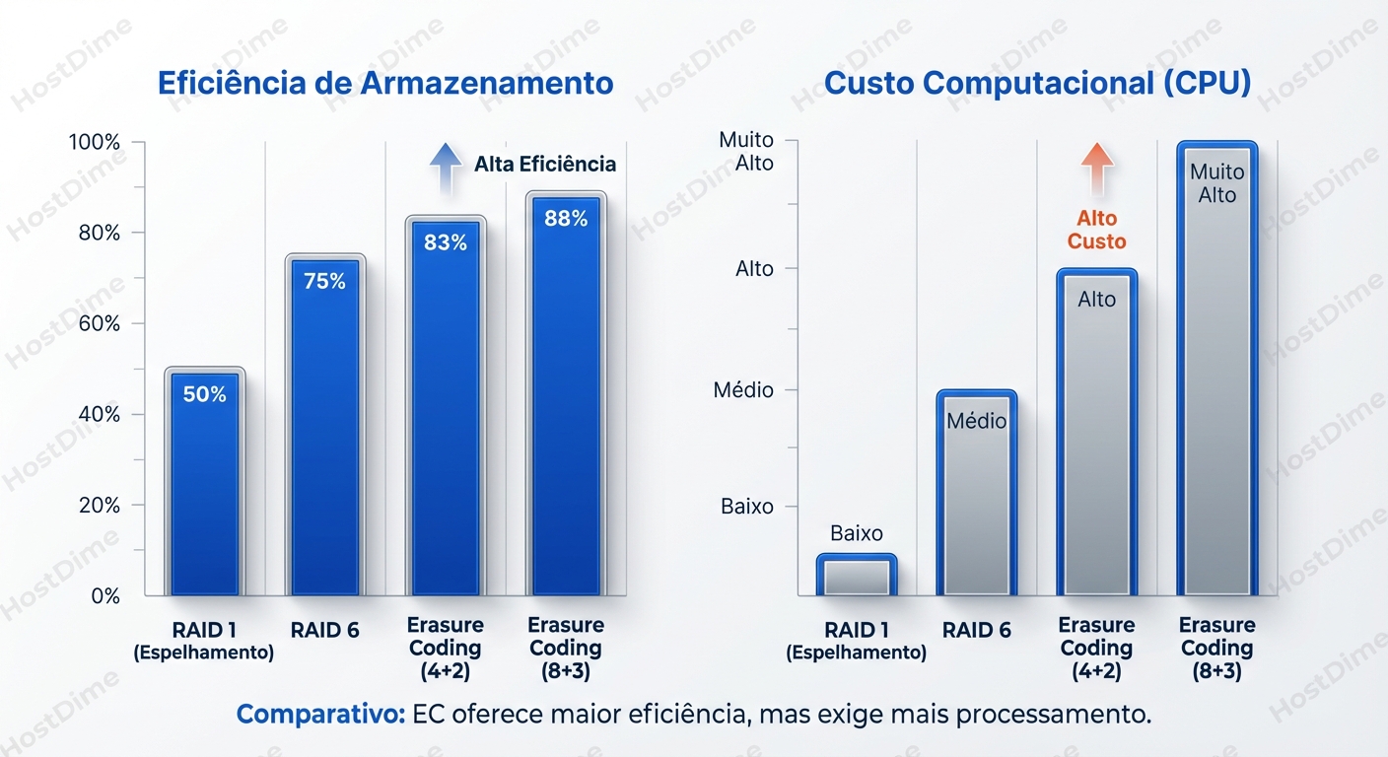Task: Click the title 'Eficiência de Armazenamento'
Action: coord(385,83)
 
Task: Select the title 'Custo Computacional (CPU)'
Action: coord(1037,83)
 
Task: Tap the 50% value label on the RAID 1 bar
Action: coord(205,394)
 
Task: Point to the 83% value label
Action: coord(446,241)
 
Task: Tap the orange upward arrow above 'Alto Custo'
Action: coord(1096,168)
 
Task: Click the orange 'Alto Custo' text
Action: coord(1096,230)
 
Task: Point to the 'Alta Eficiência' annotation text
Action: coord(544,164)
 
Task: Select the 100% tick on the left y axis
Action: coord(95,142)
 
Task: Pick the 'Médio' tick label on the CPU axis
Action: coord(743,390)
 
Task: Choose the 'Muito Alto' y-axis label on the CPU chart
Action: coord(746,152)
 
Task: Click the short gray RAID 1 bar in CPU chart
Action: coord(857,576)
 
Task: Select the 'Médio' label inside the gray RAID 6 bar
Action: coord(976,421)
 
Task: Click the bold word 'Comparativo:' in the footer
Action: coord(320,715)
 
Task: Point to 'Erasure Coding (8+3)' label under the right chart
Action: coord(1216,649)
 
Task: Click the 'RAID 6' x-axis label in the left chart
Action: coord(325,631)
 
